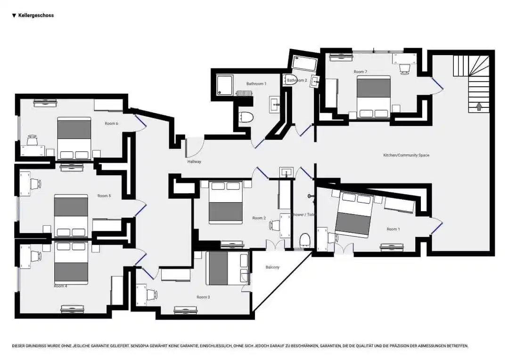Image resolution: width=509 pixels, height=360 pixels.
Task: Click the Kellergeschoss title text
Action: [36, 16]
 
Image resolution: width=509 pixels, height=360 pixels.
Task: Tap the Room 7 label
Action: [360, 72]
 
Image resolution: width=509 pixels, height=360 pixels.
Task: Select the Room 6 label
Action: [111, 123]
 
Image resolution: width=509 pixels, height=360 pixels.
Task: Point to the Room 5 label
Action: [104, 196]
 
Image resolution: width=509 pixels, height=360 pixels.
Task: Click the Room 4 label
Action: [60, 286]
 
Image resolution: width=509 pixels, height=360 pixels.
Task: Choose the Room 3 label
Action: [203, 297]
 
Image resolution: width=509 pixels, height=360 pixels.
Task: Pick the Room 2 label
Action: [259, 218]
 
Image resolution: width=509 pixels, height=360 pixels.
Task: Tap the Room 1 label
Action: [393, 229]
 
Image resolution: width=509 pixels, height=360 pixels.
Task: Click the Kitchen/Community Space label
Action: [406, 155]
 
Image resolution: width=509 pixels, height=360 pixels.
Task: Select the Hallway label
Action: [194, 162]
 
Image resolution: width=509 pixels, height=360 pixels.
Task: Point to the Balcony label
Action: [272, 267]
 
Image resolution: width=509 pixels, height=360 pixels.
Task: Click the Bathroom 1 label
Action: [256, 84]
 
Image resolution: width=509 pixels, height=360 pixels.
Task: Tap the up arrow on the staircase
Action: [479, 106]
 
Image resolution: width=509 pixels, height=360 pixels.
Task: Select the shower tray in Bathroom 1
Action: [225, 85]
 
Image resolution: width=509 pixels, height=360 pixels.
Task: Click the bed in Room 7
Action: [373, 97]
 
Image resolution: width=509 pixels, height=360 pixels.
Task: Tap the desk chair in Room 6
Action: [33, 140]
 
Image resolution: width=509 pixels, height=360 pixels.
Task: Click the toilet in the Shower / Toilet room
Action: [305, 240]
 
